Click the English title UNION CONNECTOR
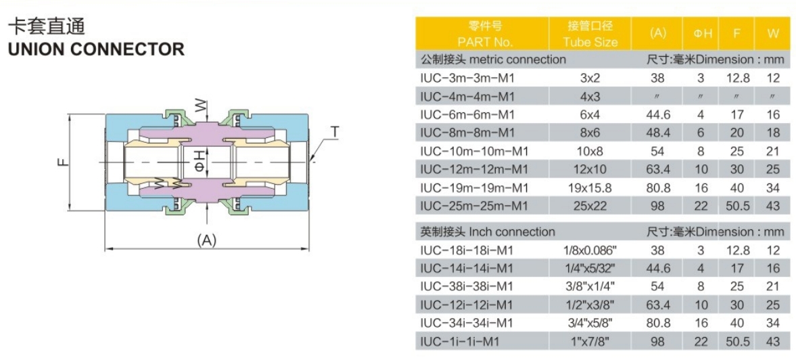coord(95,49)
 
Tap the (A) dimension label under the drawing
coord(207,240)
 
